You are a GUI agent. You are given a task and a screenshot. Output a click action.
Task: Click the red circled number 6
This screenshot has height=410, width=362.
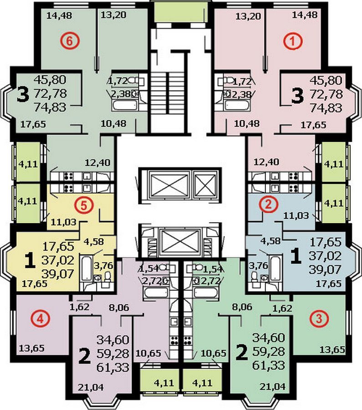[x=70, y=41]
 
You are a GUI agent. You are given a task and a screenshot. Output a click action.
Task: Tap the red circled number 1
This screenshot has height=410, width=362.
[x=293, y=41]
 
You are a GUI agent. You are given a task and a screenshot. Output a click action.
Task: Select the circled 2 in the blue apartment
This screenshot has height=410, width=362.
[x=269, y=205]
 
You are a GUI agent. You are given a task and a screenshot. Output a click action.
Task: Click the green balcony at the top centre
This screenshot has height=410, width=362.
[x=181, y=12]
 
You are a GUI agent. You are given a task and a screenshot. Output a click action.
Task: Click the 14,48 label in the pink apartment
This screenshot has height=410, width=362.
[x=305, y=15]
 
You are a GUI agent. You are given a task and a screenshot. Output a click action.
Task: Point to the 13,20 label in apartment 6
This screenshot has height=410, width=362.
[x=113, y=15]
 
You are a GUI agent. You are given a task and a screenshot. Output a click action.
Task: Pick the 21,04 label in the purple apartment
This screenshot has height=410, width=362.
[x=91, y=387]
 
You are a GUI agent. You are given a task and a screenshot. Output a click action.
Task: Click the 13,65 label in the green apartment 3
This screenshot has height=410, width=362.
[x=332, y=349]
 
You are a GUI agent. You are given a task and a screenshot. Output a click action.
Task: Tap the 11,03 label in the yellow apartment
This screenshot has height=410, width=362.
[x=63, y=222]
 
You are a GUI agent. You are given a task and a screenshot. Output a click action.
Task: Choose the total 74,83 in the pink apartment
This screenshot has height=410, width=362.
[x=326, y=108]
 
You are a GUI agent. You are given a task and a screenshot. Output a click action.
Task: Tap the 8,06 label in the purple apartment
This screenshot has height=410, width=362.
[x=119, y=307]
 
